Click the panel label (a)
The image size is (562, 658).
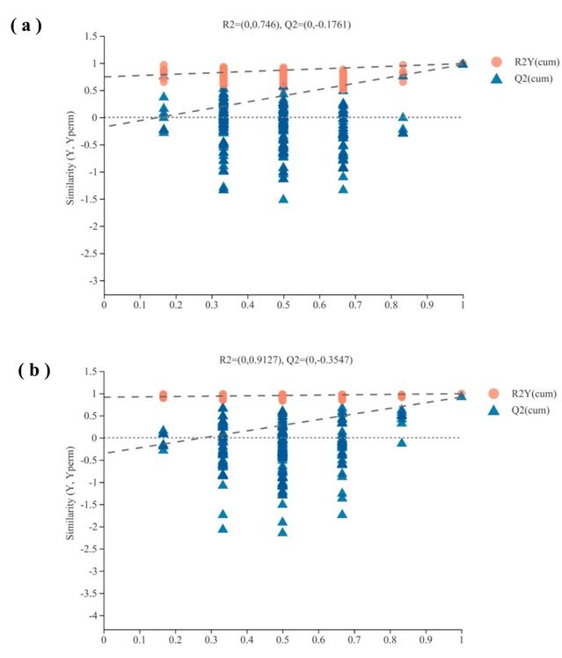(26, 26)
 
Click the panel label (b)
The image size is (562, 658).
(33, 371)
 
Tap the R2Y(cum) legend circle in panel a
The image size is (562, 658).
(496, 62)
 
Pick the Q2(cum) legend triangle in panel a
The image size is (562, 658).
(496, 78)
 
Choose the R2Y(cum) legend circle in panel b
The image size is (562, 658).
(496, 393)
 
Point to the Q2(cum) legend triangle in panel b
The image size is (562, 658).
(496, 410)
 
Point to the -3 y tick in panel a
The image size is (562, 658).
(91, 281)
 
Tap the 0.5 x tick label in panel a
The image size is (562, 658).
(283, 305)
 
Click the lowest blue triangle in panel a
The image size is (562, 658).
(283, 198)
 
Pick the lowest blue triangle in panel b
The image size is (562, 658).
(283, 531)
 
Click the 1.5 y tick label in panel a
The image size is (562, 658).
(90, 36)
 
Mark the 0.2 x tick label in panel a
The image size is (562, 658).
(176, 305)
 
